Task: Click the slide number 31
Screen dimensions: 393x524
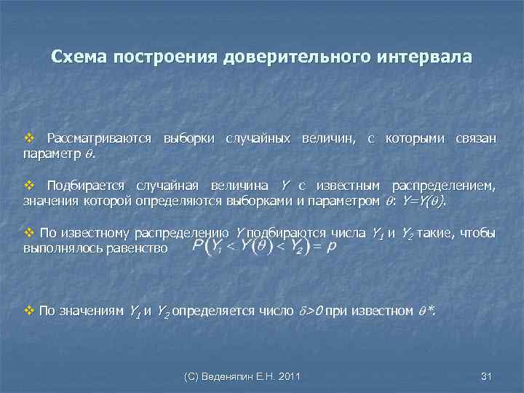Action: coord(487,376)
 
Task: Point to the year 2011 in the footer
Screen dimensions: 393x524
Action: coord(287,376)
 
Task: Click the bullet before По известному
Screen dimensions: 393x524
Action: coord(29,234)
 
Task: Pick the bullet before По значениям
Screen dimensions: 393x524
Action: coord(29,311)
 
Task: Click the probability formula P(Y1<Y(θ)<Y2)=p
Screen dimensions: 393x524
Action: coord(264,248)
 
